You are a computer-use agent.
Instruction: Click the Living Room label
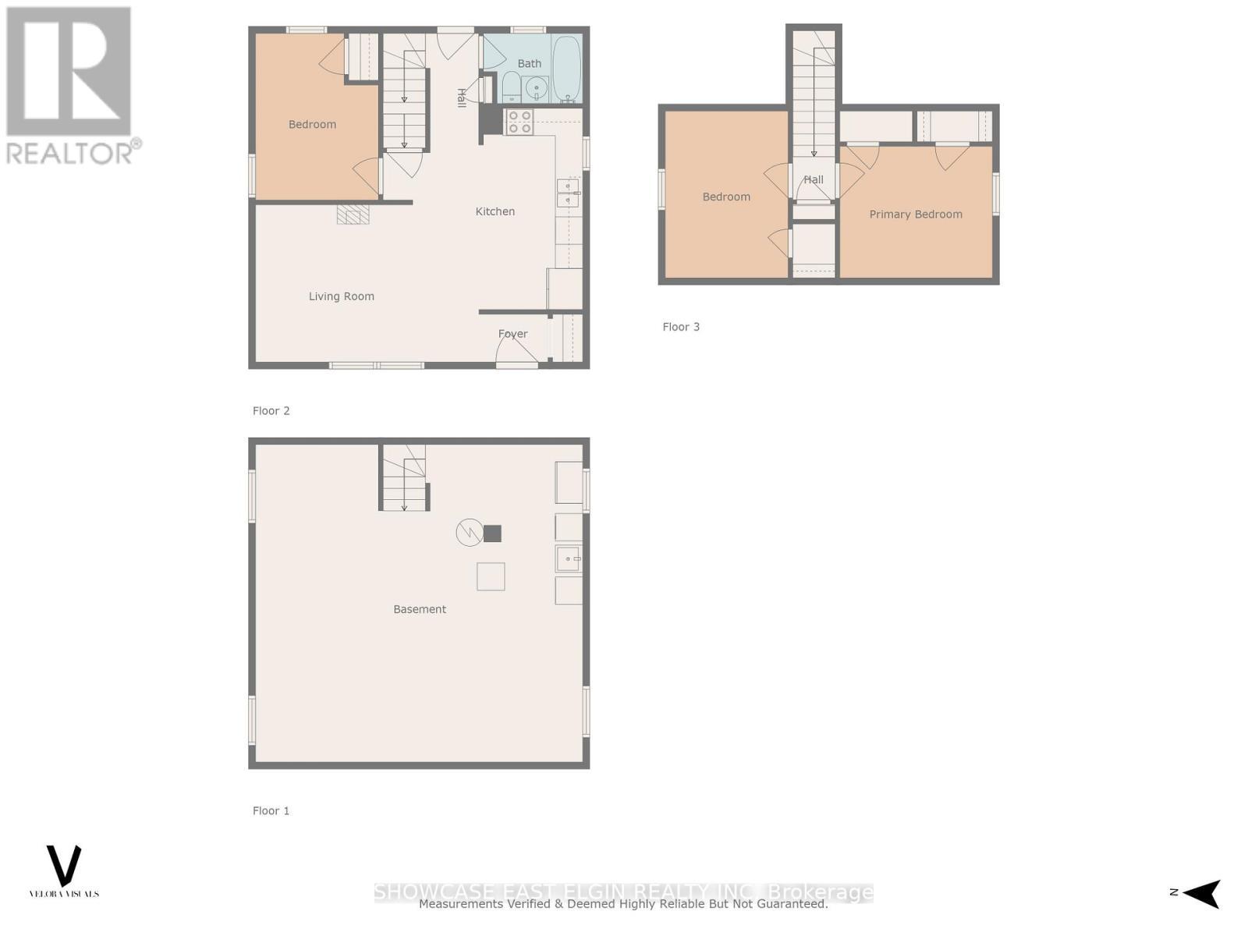click(341, 296)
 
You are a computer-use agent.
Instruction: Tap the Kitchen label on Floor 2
click(495, 211)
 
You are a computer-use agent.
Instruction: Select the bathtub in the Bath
click(567, 69)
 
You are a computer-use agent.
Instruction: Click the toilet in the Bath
click(512, 87)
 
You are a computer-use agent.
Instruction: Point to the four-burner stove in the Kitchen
click(519, 122)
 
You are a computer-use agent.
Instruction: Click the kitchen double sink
click(568, 193)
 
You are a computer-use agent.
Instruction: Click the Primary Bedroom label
click(915, 214)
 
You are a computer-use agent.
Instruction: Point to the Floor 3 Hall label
click(813, 179)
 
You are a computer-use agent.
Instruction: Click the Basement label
click(420, 609)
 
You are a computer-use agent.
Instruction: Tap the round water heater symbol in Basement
click(468, 533)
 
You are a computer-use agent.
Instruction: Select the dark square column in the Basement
click(492, 534)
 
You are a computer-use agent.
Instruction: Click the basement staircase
click(404, 478)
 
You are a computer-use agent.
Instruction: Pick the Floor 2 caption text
click(271, 411)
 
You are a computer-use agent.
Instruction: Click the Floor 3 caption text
click(681, 327)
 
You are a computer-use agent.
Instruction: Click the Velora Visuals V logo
click(64, 865)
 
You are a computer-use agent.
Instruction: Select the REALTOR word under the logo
click(69, 152)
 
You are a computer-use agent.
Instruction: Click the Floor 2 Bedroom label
click(312, 125)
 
